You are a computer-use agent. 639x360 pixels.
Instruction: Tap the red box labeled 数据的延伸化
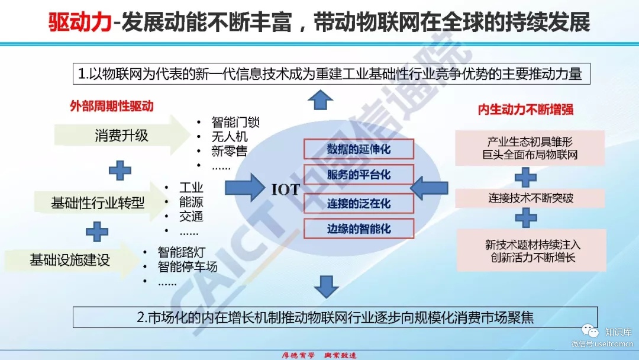point(359,149)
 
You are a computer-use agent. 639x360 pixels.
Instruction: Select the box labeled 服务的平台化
point(359,175)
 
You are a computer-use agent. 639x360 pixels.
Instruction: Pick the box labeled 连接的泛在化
point(359,202)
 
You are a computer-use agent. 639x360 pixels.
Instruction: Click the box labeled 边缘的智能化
point(359,229)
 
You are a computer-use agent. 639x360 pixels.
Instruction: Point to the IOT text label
point(286,189)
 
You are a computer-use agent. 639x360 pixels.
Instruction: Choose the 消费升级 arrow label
point(121,136)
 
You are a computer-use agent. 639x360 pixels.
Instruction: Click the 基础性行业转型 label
point(98,203)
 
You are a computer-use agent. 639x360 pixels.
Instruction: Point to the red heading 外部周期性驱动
point(111,107)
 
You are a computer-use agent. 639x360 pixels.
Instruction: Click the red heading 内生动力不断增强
point(525,110)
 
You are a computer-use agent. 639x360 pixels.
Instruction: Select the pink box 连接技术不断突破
point(530,198)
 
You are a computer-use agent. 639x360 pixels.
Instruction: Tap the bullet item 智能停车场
point(188,266)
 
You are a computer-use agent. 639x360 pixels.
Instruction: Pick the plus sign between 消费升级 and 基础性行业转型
point(120,170)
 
